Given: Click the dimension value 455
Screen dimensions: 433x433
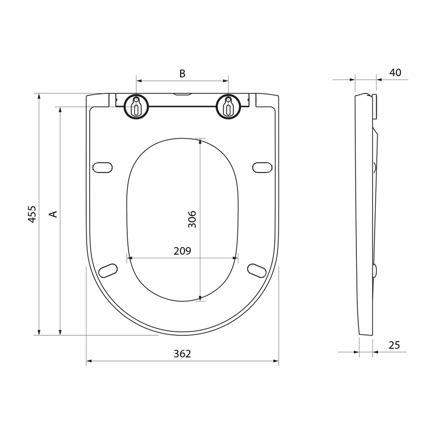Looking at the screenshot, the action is [x=32, y=214].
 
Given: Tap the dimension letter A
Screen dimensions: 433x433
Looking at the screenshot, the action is [x=53, y=214].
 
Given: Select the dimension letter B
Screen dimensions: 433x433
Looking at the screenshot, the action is [x=182, y=74].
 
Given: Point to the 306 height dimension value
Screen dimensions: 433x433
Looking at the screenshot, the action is [x=192, y=219].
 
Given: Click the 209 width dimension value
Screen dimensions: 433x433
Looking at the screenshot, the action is [x=182, y=251].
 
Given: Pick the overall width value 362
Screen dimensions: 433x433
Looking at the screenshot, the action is [x=182, y=354].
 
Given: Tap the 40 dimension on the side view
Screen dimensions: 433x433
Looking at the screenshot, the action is [x=395, y=73].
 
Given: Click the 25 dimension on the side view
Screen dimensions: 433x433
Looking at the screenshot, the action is [x=394, y=345].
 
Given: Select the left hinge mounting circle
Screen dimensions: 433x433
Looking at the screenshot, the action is [x=136, y=107].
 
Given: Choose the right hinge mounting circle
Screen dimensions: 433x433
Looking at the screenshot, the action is [x=228, y=107].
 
